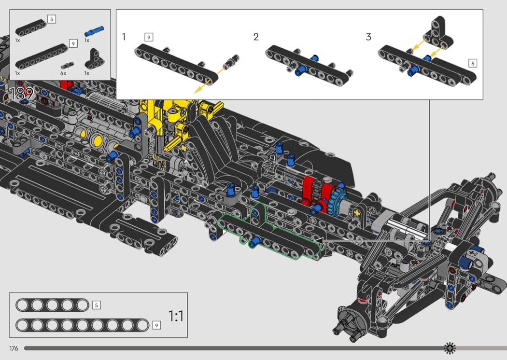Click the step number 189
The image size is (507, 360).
(22, 94)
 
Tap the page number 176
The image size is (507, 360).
(14, 348)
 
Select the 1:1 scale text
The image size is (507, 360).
(176, 316)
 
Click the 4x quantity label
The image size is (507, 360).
(63, 73)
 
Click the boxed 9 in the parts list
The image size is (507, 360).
(73, 43)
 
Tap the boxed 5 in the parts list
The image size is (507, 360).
(52, 19)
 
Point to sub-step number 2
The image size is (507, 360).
(256, 37)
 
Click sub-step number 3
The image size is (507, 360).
(368, 37)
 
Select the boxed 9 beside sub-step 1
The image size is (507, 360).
(149, 37)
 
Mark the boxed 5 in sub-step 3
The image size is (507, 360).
(472, 63)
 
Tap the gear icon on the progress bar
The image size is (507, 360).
(450, 347)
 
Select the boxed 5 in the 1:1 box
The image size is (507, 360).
(96, 305)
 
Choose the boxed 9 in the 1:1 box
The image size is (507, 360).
(156, 325)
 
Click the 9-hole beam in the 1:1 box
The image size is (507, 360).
(82, 325)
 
